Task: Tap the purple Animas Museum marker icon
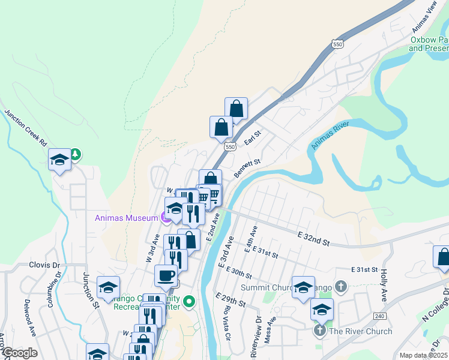pyautogui.click(x=166, y=218)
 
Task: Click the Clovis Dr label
pyautogui.click(x=45, y=265)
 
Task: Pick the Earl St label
pyautogui.click(x=253, y=138)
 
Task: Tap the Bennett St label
pyautogui.click(x=247, y=167)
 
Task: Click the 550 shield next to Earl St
pyautogui.click(x=229, y=146)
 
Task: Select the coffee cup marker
pyautogui.click(x=166, y=275)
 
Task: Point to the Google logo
pyautogui.click(x=20, y=353)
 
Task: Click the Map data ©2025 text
pyautogui.click(x=423, y=355)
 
